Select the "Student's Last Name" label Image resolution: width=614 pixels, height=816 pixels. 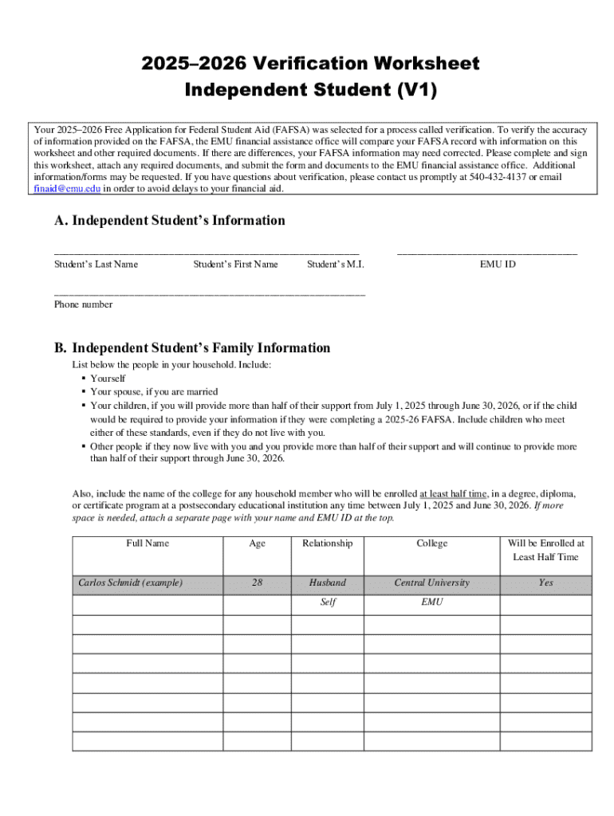(96, 264)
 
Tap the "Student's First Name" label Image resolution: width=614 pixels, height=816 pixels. (235, 264)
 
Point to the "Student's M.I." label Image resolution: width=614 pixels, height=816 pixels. (336, 264)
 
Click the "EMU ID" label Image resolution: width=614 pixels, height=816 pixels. (498, 264)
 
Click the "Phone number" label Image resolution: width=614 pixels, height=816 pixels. (83, 304)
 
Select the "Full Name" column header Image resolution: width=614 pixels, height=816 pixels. (148, 543)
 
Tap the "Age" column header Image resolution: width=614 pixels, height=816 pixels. (257, 543)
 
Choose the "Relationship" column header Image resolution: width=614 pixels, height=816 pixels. (327, 543)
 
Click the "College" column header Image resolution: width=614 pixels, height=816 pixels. (432, 543)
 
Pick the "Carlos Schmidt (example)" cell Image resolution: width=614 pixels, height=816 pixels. (130, 583)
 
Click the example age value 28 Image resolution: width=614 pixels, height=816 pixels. (257, 583)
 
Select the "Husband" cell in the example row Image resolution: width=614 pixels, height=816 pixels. (327, 583)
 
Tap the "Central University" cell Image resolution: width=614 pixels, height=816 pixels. (432, 583)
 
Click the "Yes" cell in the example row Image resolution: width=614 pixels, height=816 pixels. (545, 583)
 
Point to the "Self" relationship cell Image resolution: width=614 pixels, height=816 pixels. (327, 602)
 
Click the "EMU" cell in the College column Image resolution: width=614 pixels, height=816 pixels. (432, 602)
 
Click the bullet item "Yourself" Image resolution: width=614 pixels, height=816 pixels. (108, 379)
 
